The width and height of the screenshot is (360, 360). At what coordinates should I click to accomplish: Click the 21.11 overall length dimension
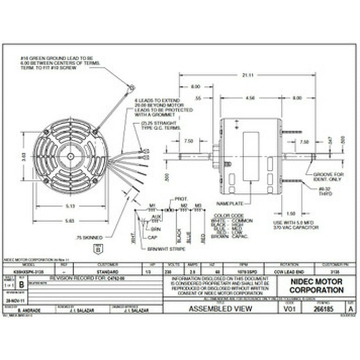[x=247, y=75]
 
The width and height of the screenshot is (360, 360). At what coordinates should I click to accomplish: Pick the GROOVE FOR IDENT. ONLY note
[x=328, y=177]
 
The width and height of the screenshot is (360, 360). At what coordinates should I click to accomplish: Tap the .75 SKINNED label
[x=89, y=238]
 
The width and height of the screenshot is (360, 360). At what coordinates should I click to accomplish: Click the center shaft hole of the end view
[x=70, y=156]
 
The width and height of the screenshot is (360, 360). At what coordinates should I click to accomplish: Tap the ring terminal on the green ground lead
[x=132, y=87]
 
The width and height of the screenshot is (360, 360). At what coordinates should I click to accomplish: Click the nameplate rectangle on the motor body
[x=251, y=156]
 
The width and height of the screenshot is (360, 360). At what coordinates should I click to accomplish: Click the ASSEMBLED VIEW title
[x=220, y=308]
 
